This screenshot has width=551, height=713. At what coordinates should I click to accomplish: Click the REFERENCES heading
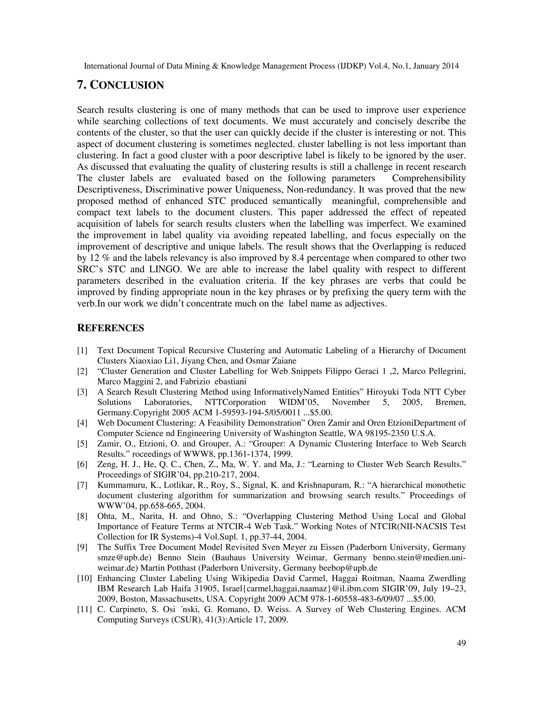click(x=110, y=328)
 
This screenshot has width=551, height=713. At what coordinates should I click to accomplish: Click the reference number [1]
click(x=82, y=351)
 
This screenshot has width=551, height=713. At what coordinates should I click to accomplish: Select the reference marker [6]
click(x=82, y=464)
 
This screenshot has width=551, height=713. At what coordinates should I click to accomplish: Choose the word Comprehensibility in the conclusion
click(x=429, y=178)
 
